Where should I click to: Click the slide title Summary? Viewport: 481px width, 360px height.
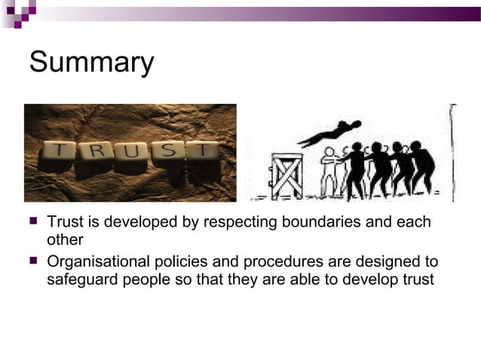click(x=91, y=63)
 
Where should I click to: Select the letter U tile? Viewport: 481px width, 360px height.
click(x=135, y=153)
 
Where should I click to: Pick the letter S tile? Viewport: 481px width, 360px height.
click(x=170, y=153)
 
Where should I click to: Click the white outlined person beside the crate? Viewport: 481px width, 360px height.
click(x=329, y=172)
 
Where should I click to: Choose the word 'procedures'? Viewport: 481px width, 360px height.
click(x=280, y=263)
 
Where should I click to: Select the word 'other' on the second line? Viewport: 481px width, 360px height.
click(x=65, y=241)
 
